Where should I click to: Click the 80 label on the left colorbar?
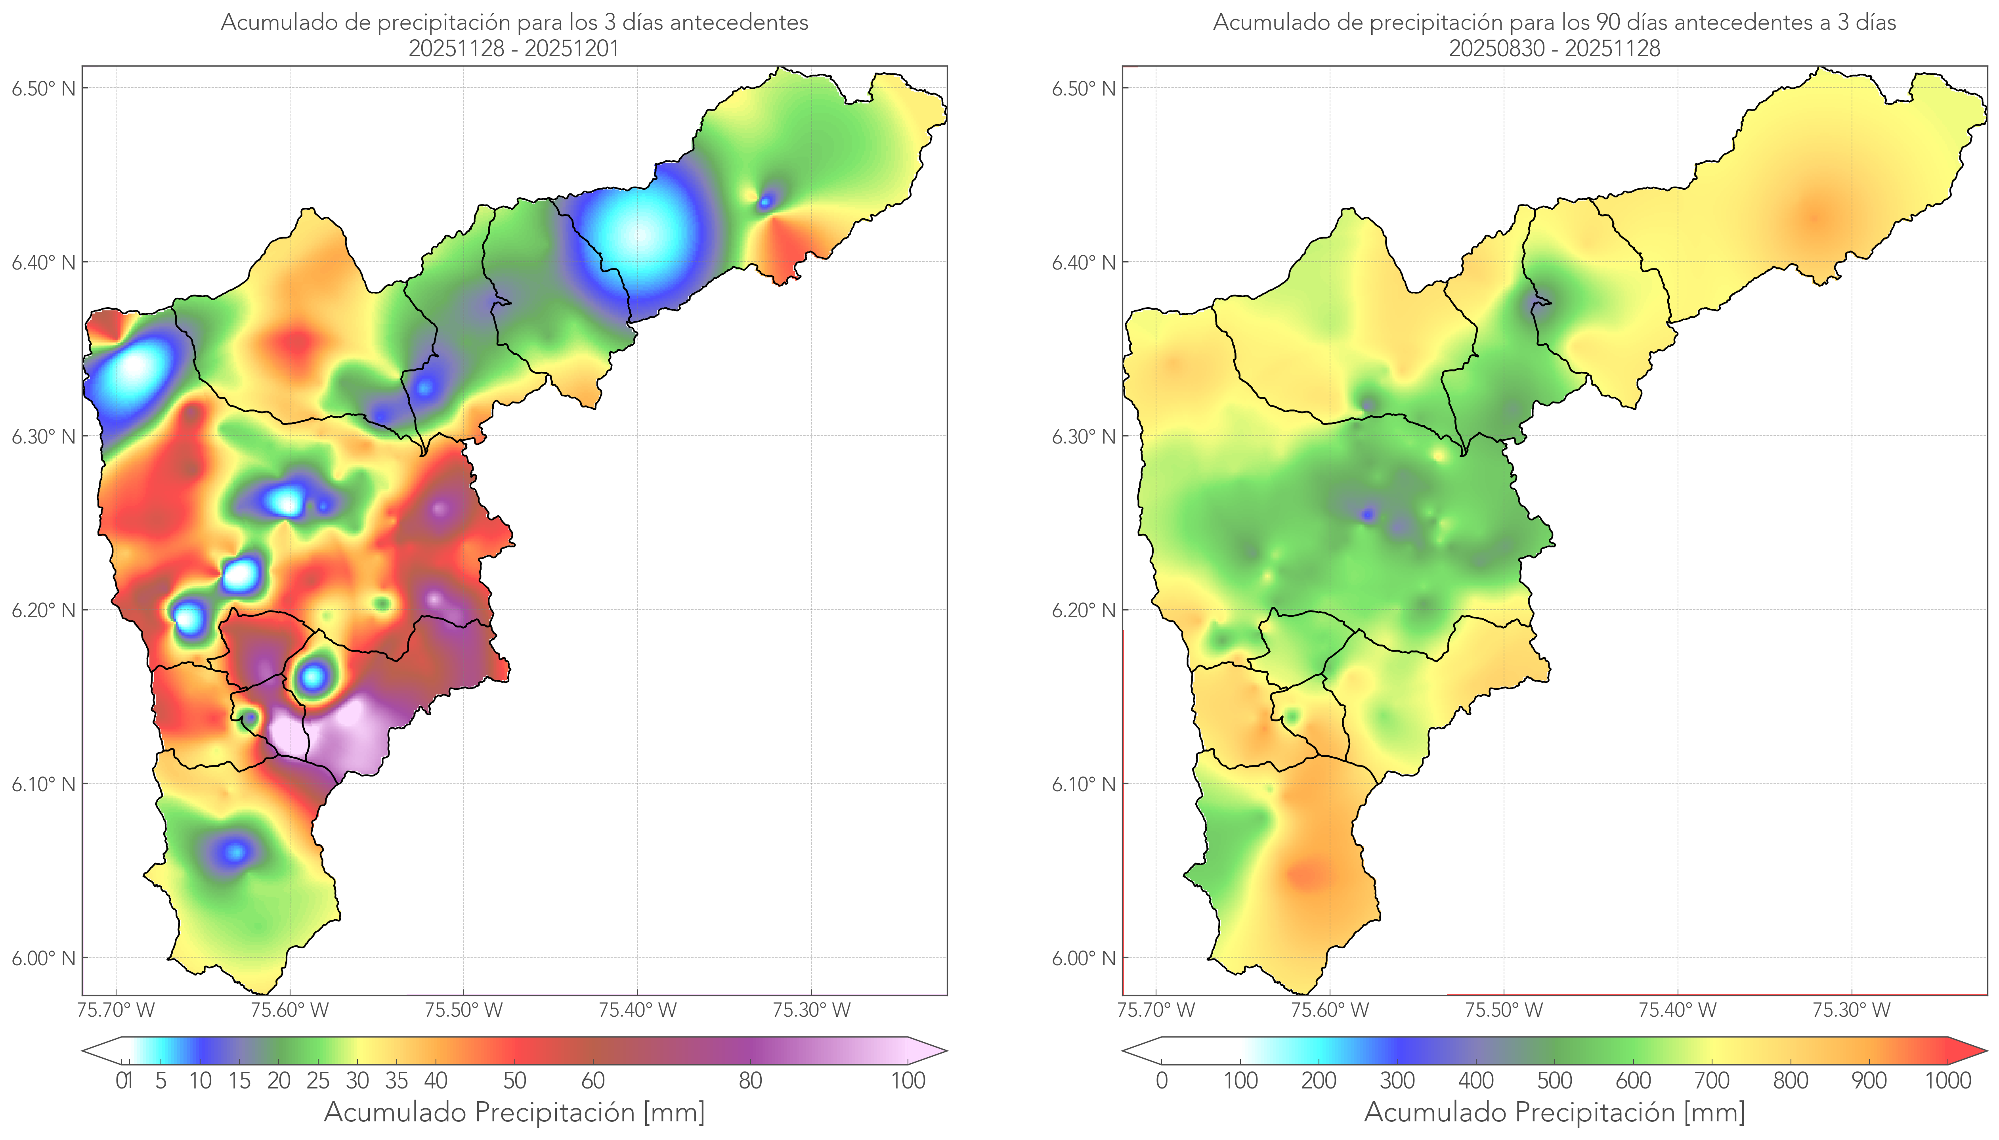click(x=750, y=1081)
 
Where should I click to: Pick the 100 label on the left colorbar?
click(x=908, y=1081)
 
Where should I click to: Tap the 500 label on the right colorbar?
click(x=1554, y=1081)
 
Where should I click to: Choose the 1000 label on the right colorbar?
click(x=1947, y=1081)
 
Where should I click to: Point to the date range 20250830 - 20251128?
click(x=1554, y=48)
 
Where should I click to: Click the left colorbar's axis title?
click(x=514, y=1112)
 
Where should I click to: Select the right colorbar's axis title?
click(x=1554, y=1112)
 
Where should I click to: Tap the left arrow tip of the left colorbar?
click(x=86, y=1051)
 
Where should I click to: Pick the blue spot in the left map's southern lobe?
click(x=235, y=851)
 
